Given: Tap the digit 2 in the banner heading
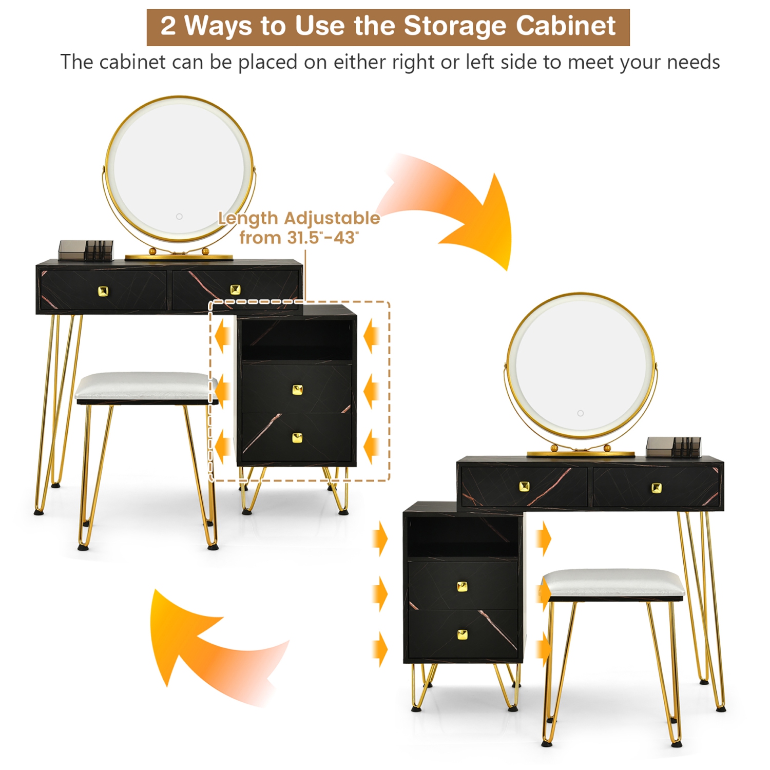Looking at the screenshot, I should pyautogui.click(x=168, y=26).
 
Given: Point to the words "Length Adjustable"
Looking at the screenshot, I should pyautogui.click(x=299, y=218).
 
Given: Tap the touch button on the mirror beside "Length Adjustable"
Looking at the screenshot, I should pyautogui.click(x=179, y=217).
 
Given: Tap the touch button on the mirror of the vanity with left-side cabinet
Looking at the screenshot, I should pyautogui.click(x=580, y=413).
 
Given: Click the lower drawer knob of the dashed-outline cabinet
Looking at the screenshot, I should pyautogui.click(x=297, y=438).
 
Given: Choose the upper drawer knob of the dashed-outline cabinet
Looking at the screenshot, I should pyautogui.click(x=297, y=390).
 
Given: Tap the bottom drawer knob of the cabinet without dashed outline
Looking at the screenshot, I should pyautogui.click(x=462, y=635).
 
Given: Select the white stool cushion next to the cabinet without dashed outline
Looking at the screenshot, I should pyautogui.click(x=613, y=583).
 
